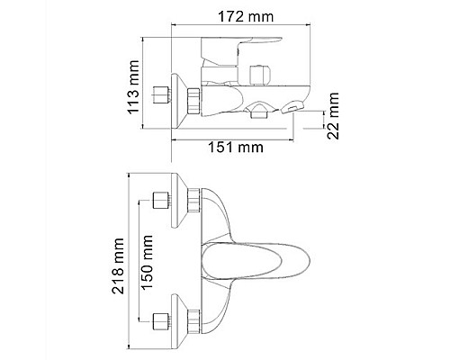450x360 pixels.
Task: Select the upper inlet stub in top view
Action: click(x=163, y=202)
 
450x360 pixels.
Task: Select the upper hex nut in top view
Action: click(x=178, y=202)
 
